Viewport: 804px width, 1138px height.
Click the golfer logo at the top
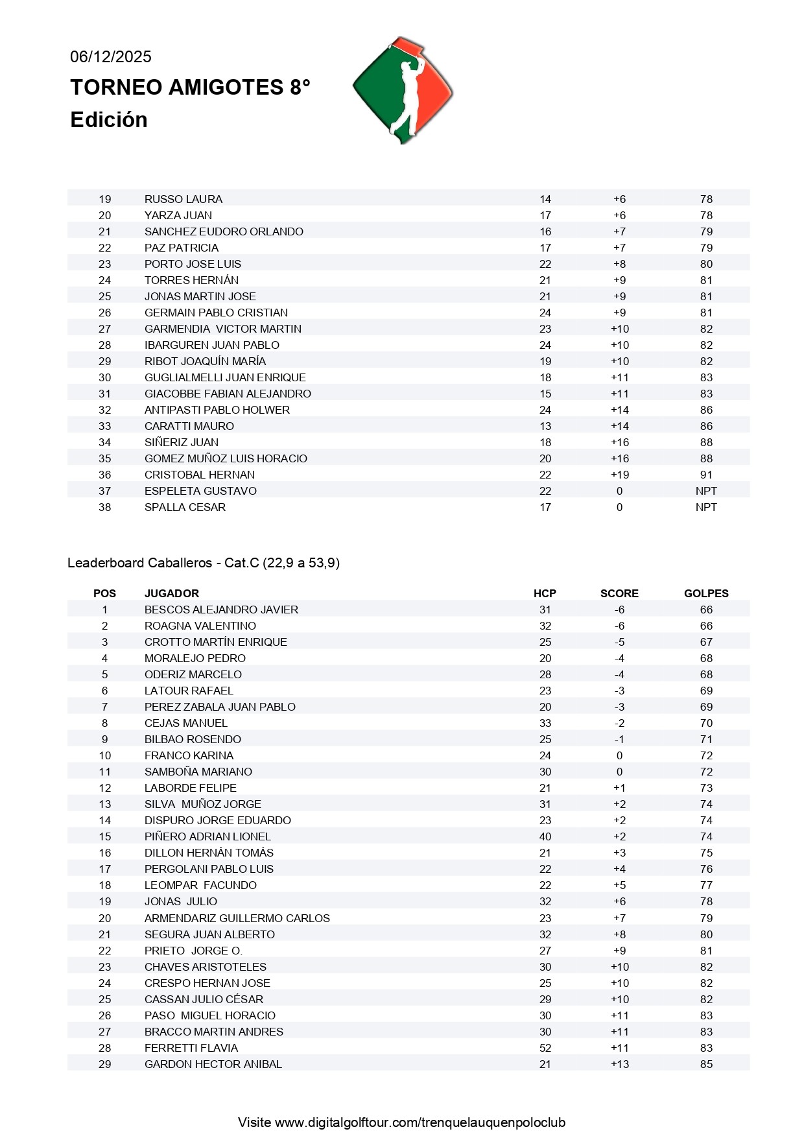(x=403, y=90)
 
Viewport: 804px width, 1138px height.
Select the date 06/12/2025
(x=111, y=57)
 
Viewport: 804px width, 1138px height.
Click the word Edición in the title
(x=109, y=120)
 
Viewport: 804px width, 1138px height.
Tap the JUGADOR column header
(x=172, y=593)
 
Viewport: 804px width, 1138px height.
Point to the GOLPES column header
(x=706, y=593)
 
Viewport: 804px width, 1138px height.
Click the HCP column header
(x=545, y=593)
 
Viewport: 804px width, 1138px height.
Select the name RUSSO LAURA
(x=183, y=199)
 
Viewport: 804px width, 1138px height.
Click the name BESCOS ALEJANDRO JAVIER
(x=221, y=610)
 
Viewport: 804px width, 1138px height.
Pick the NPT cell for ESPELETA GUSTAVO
(x=706, y=491)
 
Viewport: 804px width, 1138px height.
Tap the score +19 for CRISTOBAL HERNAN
(x=620, y=475)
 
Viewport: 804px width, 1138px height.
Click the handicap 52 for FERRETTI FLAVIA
(x=545, y=1048)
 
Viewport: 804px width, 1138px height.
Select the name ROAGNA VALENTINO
(x=200, y=626)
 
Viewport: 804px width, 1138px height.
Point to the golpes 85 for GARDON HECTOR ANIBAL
(x=706, y=1064)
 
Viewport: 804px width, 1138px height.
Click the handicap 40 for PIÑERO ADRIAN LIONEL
(x=545, y=836)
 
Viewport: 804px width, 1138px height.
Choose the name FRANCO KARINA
(x=189, y=755)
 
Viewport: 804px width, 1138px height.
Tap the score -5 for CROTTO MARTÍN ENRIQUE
(x=620, y=642)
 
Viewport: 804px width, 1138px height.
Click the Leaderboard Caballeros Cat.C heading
(x=204, y=563)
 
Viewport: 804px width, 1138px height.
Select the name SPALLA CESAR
(x=185, y=507)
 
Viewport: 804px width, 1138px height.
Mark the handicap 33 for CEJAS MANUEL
(x=545, y=723)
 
